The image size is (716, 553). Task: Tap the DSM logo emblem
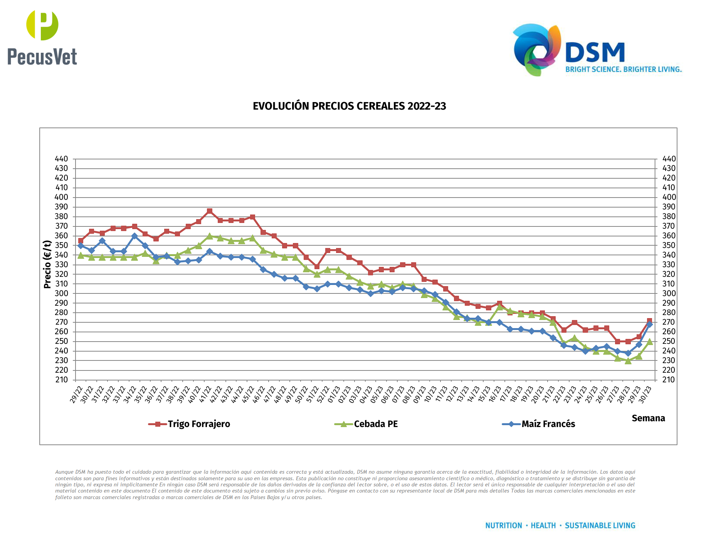click(x=536, y=49)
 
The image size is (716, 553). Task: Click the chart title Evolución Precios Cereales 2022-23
click(x=349, y=106)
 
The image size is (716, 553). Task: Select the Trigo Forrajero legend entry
click(x=190, y=424)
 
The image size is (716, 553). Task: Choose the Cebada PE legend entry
click(x=366, y=424)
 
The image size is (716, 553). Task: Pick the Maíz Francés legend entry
click(x=539, y=424)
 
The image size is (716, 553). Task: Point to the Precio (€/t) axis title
click(x=47, y=264)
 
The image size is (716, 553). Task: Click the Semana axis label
click(x=648, y=418)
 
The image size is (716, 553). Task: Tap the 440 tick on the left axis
click(x=61, y=159)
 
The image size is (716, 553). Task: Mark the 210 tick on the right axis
click(x=669, y=380)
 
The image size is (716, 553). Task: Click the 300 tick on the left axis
click(x=61, y=293)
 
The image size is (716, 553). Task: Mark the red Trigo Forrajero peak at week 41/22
click(x=210, y=211)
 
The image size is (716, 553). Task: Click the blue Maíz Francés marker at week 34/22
click(x=134, y=236)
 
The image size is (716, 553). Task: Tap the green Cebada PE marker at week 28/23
click(x=628, y=361)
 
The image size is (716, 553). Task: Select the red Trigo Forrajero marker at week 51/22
click(x=317, y=266)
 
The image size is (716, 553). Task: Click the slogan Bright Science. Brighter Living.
click(x=624, y=69)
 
